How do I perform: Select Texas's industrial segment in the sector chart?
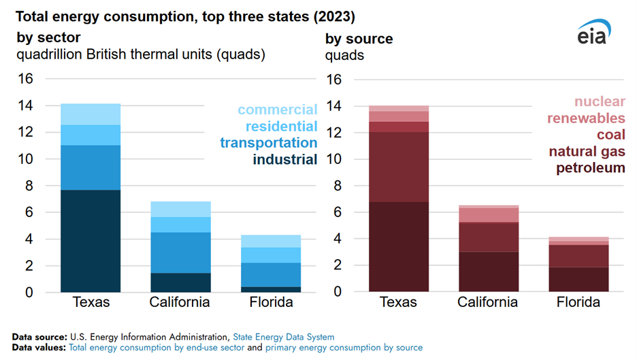(91, 241)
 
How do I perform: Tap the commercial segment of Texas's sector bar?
(91, 114)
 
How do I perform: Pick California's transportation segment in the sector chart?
(181, 252)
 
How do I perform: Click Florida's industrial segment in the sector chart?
(271, 289)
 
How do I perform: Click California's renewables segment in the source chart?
(489, 215)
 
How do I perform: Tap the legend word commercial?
(277, 110)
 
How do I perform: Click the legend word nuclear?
(599, 101)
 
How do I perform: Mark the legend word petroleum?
(590, 167)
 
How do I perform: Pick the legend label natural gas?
(585, 151)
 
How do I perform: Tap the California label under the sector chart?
(181, 302)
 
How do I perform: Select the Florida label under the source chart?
(578, 302)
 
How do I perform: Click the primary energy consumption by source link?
(343, 347)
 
